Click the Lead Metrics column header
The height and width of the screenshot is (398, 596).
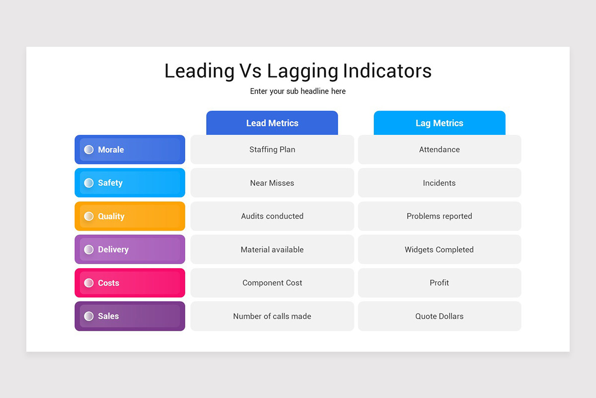click(x=272, y=123)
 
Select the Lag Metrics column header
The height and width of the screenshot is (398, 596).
click(x=440, y=123)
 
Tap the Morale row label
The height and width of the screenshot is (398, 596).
click(x=130, y=149)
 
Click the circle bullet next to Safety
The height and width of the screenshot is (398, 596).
click(x=89, y=183)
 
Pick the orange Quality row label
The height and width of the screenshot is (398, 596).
click(x=130, y=216)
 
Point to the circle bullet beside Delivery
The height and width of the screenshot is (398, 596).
click(x=89, y=250)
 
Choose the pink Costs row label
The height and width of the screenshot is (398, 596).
click(x=130, y=283)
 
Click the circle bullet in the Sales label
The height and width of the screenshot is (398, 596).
click(x=89, y=316)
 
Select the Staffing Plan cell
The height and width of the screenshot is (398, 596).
click(x=272, y=149)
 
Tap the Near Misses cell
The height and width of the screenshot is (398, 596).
click(x=272, y=183)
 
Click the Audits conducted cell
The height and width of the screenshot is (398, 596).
click(x=272, y=216)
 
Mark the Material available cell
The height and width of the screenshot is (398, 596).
click(x=272, y=249)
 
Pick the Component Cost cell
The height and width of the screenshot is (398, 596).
click(x=272, y=283)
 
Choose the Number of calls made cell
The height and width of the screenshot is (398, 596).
click(x=272, y=316)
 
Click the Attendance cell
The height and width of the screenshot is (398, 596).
click(x=440, y=149)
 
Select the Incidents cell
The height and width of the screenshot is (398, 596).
click(x=440, y=183)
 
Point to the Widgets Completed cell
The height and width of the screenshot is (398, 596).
click(x=440, y=249)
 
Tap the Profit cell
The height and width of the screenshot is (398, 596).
click(x=440, y=283)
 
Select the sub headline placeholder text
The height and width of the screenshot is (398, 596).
click(x=298, y=91)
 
